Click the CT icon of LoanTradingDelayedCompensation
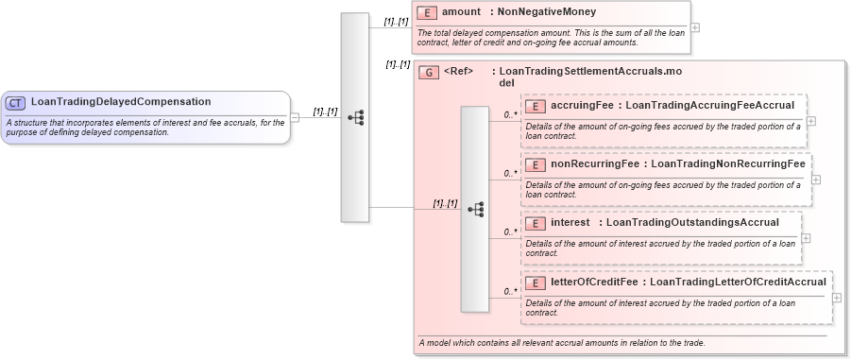coord(16,102)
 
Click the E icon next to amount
coord(427,14)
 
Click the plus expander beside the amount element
coord(695,26)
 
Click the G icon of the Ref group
coord(429,72)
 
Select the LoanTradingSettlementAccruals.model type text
coord(589,76)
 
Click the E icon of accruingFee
coord(536,106)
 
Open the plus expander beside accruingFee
coord(811,121)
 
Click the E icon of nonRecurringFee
coord(536,164)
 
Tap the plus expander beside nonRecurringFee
coord(816,180)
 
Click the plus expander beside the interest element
coord(806,238)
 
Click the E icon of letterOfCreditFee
coord(536,282)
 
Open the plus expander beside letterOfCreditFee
coord(838,297)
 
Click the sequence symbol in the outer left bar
coord(355,118)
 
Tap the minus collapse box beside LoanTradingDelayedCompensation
coord(295,117)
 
